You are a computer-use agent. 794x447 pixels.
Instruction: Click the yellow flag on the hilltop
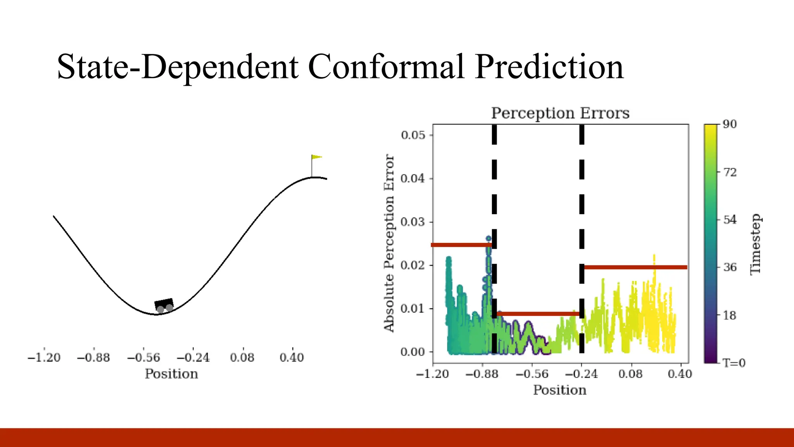coord(317,157)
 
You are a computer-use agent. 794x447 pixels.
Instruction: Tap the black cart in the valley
coord(164,304)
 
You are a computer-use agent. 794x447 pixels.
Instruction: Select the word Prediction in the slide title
coord(549,67)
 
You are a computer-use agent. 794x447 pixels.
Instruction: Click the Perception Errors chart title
coord(560,113)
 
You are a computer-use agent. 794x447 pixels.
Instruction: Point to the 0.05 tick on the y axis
coord(413,135)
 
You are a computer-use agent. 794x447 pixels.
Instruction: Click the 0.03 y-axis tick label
coord(413,222)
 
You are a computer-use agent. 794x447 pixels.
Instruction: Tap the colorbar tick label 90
coord(730,124)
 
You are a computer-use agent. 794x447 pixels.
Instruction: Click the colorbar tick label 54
coord(730,220)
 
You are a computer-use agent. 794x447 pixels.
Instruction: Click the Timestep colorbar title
coord(755,244)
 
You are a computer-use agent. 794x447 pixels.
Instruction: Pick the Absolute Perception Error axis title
coord(389,243)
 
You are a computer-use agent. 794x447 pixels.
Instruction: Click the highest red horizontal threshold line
coord(461,245)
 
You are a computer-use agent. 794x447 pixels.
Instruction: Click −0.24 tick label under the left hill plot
coord(193,357)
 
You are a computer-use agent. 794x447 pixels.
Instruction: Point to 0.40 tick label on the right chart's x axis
coord(680,374)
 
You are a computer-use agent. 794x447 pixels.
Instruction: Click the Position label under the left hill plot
coord(171,374)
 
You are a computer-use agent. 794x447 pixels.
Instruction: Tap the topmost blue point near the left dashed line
coord(488,239)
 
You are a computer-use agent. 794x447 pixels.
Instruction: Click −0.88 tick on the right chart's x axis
coord(482,374)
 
